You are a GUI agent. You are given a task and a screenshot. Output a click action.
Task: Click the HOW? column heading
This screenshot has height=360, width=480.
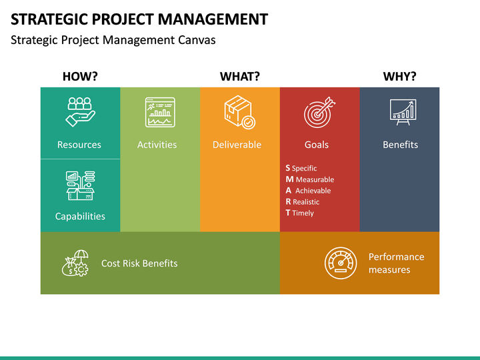[80, 77]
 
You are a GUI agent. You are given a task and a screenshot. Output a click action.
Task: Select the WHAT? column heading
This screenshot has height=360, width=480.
[240, 77]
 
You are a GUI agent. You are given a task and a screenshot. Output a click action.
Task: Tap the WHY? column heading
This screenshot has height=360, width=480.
[399, 77]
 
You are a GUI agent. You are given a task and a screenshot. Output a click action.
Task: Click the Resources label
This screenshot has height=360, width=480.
[79, 145]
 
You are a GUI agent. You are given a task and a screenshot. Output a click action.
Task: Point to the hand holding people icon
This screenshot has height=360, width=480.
[80, 112]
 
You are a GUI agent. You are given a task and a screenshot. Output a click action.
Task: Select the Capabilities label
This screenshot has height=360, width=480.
[80, 216]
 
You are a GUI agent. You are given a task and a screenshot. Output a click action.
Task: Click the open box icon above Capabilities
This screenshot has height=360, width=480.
[80, 185]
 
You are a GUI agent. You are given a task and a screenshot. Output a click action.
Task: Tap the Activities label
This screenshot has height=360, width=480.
[157, 145]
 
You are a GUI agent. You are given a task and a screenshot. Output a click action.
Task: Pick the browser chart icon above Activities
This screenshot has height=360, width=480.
[160, 112]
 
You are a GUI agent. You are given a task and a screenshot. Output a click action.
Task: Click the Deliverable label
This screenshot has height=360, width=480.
[237, 145]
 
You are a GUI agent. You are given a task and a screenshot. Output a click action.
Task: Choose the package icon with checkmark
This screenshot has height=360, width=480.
[239, 112]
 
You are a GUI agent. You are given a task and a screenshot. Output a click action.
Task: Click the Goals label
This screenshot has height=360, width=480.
[317, 145]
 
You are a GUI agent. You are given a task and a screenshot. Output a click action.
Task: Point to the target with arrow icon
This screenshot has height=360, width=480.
[319, 113]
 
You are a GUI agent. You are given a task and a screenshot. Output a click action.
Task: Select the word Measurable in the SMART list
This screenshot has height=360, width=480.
[315, 179]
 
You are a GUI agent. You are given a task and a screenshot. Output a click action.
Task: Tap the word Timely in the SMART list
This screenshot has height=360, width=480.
[303, 213]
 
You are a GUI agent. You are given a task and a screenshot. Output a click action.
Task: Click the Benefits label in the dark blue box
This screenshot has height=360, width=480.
[400, 145]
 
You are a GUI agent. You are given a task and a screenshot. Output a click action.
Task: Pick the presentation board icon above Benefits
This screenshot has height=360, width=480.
[403, 112]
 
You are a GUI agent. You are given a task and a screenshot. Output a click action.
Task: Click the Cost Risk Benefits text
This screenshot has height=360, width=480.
[139, 263]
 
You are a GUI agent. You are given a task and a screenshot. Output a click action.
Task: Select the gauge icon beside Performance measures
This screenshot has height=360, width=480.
[341, 263]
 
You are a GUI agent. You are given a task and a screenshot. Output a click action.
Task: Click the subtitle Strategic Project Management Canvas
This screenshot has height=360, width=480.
[113, 40]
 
